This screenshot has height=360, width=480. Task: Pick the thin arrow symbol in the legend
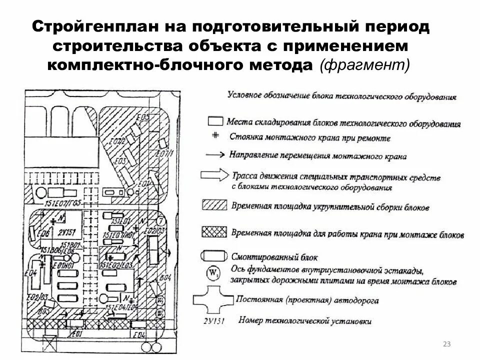pos(215,155)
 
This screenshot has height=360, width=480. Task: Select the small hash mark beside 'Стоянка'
pos(215,135)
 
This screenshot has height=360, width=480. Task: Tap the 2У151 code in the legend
pos(212,319)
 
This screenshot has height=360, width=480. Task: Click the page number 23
pos(446,344)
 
